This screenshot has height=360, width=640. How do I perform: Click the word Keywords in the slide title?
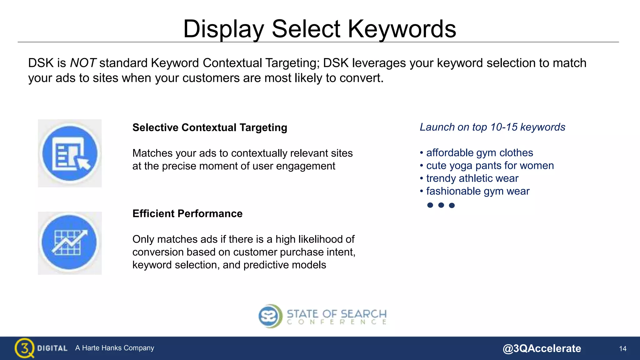pos(402,29)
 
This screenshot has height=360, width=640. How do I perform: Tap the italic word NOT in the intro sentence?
pos(83,63)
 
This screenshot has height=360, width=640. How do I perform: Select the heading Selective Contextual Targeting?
pos(210,127)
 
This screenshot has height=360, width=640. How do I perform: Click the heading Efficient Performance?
pos(187,213)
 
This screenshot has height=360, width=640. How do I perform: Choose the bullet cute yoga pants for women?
pos(490,165)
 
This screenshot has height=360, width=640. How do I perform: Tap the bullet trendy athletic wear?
pos(472,178)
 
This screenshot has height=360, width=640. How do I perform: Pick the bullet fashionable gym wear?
pos(477,191)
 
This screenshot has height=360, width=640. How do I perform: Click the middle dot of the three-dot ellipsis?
pos(441,205)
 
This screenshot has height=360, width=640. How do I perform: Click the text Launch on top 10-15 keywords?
pos(492,127)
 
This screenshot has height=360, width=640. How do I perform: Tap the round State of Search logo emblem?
pos(270,316)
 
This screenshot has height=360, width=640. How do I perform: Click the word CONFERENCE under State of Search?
pos(337,322)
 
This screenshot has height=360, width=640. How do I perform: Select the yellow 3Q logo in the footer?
pos(24,348)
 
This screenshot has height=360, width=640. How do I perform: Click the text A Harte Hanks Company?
pos(115,348)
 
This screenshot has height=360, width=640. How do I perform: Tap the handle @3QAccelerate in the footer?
pos(542,348)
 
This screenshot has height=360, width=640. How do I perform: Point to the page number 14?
pos(622,348)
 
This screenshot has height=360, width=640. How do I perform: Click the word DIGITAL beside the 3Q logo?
pos(52,348)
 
